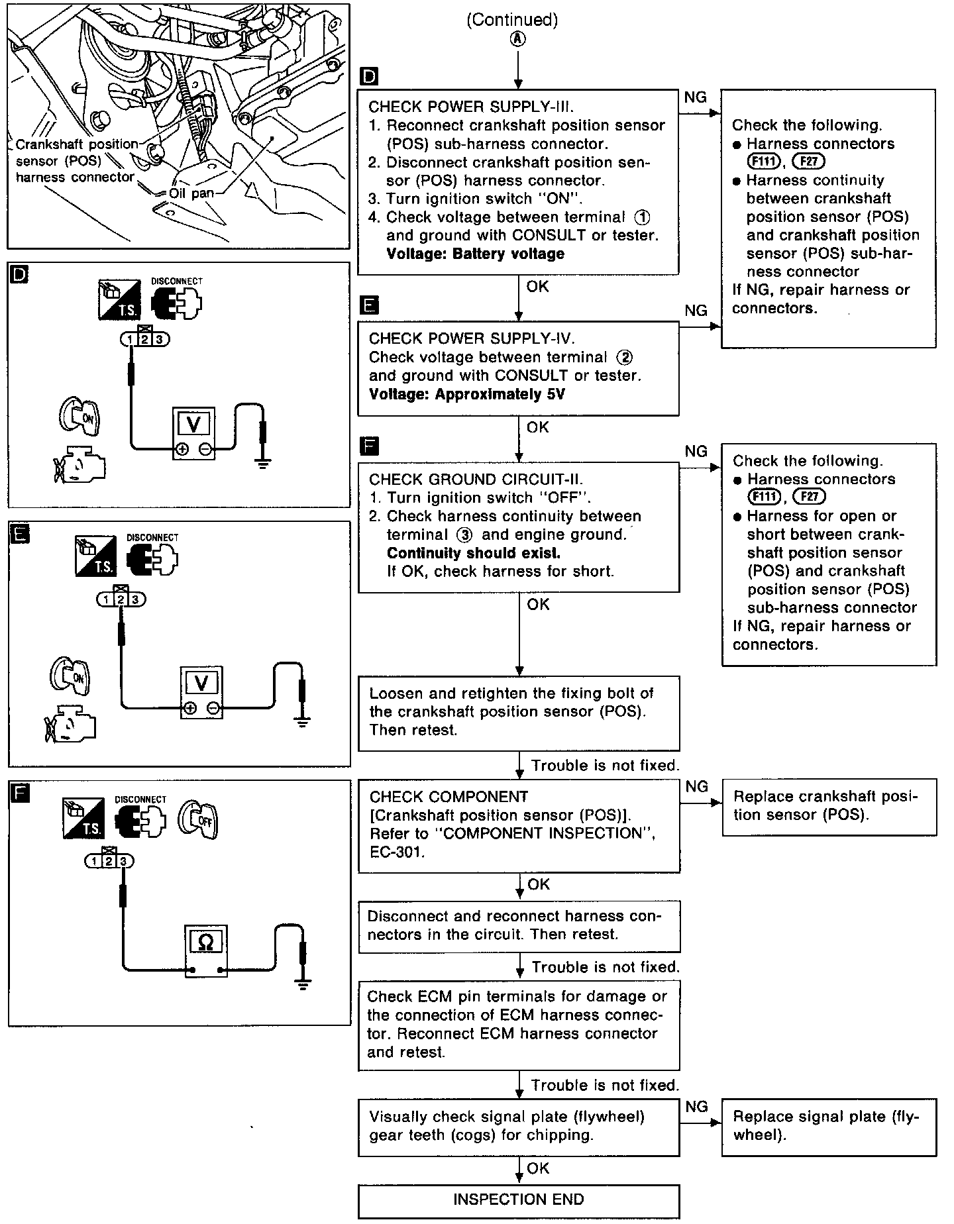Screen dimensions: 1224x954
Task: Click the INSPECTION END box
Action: point(518,1199)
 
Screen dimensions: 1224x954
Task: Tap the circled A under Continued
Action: point(517,39)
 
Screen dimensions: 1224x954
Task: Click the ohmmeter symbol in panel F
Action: point(206,941)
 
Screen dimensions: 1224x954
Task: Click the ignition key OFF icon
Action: point(198,821)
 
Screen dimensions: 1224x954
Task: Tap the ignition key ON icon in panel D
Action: point(79,416)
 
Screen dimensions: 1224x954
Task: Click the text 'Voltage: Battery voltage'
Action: point(466,254)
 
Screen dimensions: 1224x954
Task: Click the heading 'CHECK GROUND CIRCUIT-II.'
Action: point(476,480)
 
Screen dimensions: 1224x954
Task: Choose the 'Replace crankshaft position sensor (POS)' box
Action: point(828,806)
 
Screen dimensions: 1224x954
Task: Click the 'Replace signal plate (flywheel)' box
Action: point(828,1126)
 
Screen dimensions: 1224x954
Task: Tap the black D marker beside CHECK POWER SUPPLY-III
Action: point(368,77)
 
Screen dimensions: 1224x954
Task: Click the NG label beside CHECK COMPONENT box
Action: point(697,786)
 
